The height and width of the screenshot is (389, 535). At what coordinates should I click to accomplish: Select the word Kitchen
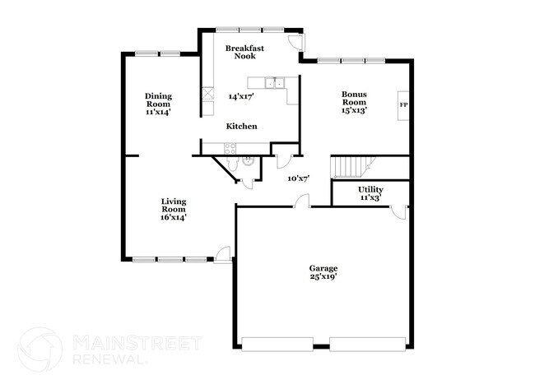242,126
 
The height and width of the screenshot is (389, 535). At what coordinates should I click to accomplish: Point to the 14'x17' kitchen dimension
241,96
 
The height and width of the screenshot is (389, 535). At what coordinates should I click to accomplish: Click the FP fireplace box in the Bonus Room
403,105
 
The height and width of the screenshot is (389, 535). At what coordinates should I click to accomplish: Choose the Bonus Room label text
354,99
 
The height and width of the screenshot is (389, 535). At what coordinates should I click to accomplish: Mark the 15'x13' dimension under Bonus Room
354,109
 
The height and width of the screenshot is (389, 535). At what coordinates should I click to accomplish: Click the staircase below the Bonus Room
352,166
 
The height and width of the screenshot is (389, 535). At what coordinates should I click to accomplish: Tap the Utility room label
370,190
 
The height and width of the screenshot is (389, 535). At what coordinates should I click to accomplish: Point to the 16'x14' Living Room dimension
174,217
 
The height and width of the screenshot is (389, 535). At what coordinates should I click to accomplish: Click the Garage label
323,268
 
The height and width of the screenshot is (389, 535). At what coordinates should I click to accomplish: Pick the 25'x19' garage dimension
323,278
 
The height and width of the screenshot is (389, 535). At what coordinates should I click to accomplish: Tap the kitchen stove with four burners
230,148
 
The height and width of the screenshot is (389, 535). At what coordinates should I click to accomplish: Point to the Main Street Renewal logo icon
40,349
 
